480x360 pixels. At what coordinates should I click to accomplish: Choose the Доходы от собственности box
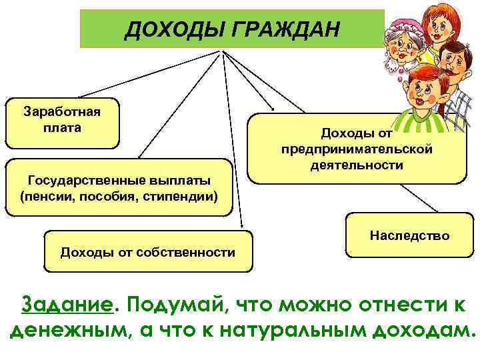147,251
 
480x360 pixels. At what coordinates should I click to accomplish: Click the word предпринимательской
357,148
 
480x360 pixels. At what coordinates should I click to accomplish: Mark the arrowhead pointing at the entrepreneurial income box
271,108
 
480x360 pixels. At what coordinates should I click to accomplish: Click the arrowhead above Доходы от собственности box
241,227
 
